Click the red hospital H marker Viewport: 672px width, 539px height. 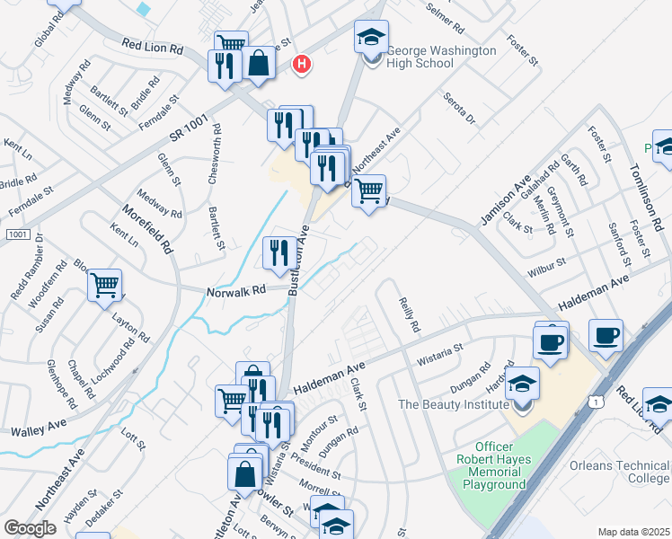point(304,65)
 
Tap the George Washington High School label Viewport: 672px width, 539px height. point(441,57)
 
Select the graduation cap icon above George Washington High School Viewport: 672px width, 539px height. point(371,38)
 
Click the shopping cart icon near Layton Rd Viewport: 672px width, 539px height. point(105,286)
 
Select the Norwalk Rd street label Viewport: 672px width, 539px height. point(237,291)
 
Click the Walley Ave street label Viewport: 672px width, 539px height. point(40,431)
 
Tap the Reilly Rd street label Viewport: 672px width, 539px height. point(409,314)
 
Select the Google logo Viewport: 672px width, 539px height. point(31,528)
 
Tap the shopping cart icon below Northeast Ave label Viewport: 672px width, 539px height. point(368,190)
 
